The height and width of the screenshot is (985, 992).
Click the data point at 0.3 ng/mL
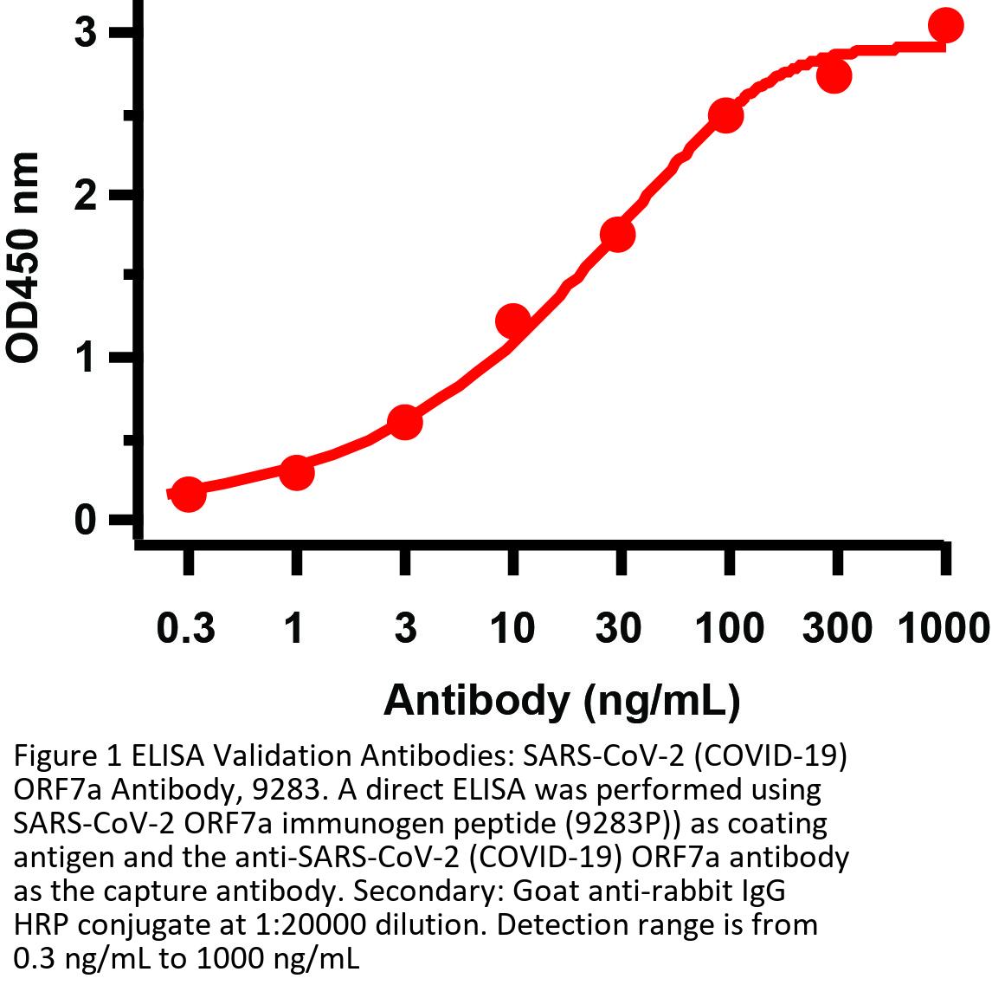[189, 495]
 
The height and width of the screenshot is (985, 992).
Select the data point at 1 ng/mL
[296, 472]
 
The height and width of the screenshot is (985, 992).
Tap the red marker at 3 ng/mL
[404, 423]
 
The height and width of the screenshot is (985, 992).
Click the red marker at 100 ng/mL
[726, 116]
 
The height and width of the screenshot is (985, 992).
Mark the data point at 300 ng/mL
[834, 75]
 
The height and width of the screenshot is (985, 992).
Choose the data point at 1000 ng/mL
[945, 26]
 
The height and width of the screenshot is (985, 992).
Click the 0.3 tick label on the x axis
[186, 627]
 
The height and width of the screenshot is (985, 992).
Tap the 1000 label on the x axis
[942, 627]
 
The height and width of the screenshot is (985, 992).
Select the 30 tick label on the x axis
[618, 627]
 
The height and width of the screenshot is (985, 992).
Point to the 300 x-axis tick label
[836, 627]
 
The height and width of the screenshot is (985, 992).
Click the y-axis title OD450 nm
[23, 256]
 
